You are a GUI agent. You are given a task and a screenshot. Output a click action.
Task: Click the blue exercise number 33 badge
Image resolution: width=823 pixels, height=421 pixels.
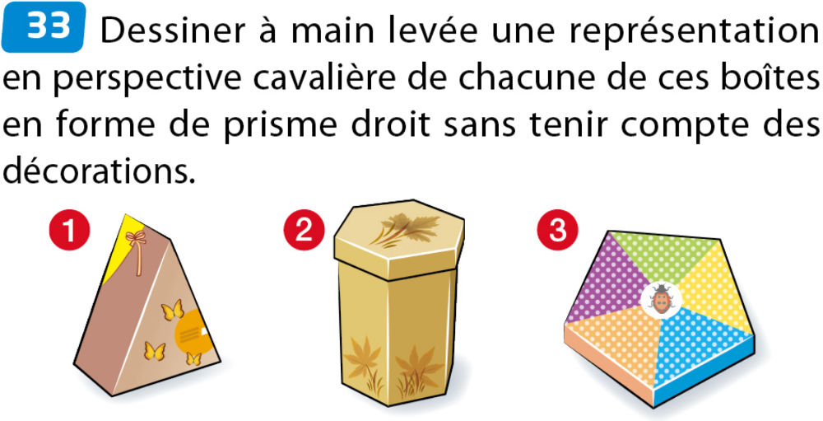point(44,27)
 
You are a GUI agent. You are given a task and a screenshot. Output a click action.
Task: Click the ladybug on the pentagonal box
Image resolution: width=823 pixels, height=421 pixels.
point(661,300)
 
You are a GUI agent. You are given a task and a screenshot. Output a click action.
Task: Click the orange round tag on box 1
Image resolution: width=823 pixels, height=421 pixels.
point(195,332)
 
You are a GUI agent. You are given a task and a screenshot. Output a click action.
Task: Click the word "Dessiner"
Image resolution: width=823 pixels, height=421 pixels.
point(173,31)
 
